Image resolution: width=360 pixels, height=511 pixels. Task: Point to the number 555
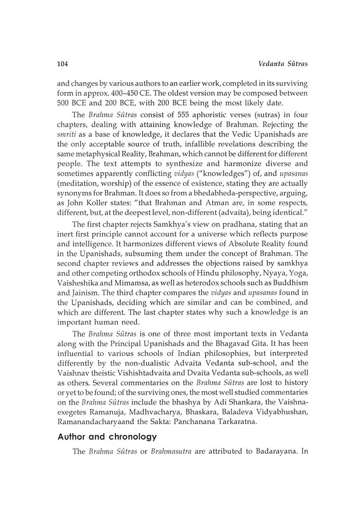coord(172,114)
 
